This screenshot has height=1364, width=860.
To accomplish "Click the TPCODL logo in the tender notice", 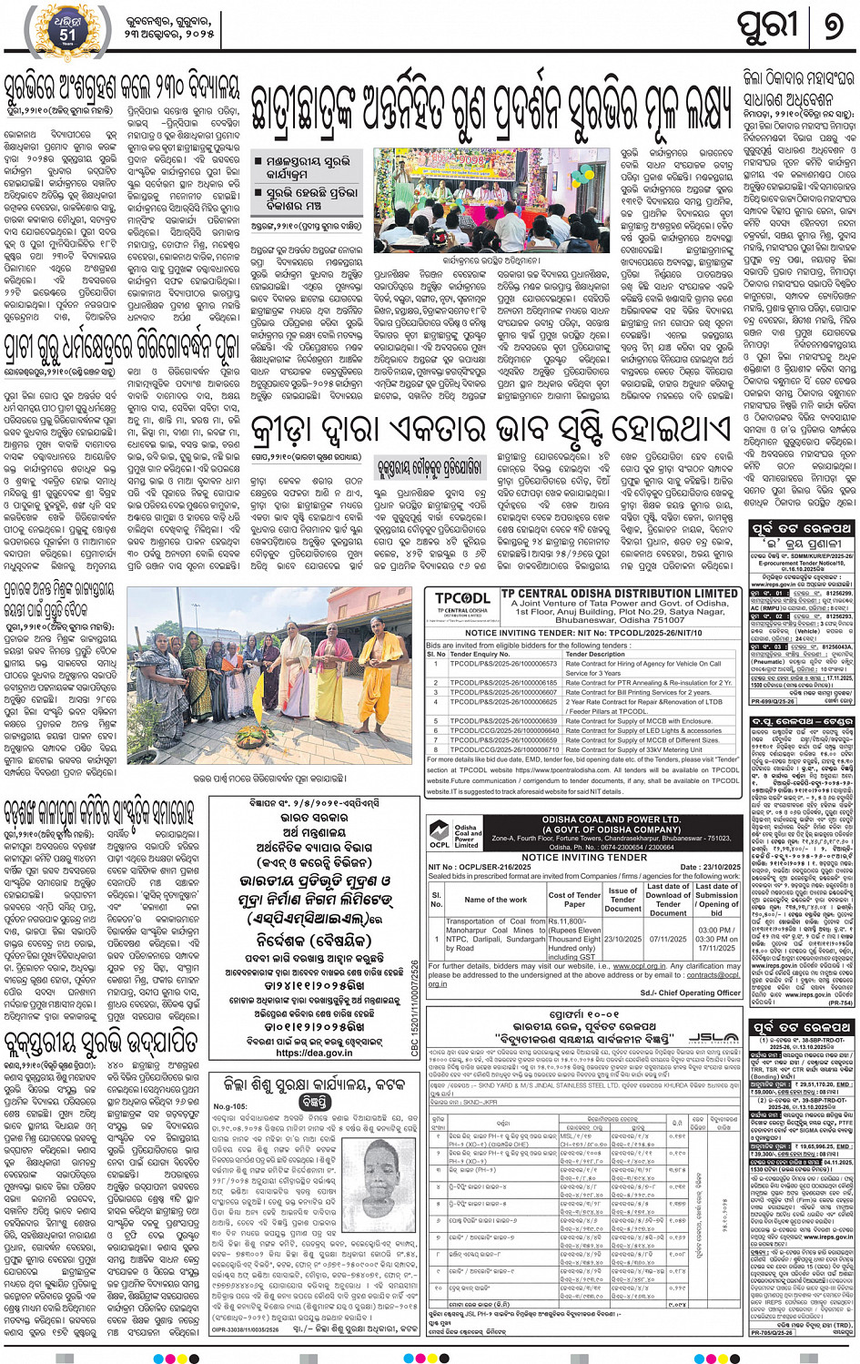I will coord(462,601).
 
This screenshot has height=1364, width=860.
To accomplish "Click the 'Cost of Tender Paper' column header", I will coord(574,900).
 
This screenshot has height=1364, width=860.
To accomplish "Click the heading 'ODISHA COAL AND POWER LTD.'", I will coord(611,819).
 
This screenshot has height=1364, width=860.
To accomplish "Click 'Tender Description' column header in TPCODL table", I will coord(595,654).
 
